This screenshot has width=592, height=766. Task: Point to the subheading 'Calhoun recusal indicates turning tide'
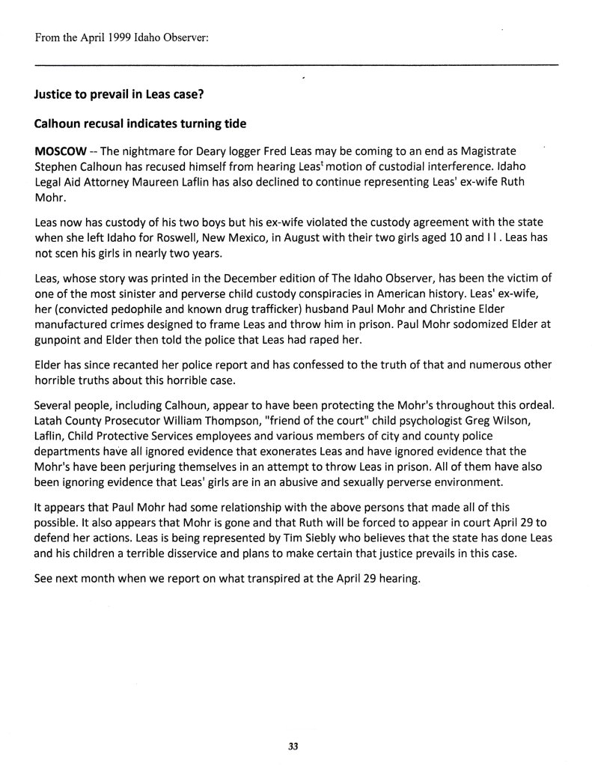click(134, 124)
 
